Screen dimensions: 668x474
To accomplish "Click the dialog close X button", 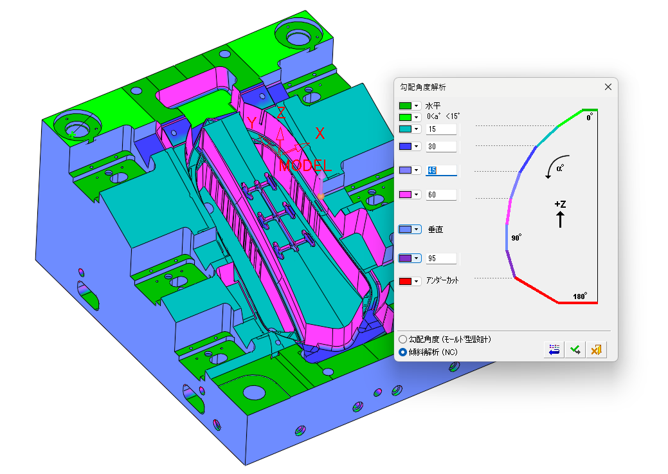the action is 608,87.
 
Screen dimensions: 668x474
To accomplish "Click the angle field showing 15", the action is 441,129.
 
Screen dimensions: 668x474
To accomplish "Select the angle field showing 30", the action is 441,147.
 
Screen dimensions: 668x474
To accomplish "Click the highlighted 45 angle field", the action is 441,170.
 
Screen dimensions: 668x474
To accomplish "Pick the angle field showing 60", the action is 441,195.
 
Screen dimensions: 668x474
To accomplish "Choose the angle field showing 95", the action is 441,259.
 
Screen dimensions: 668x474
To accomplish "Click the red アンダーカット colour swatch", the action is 405,281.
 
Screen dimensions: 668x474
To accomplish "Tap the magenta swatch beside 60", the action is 405,195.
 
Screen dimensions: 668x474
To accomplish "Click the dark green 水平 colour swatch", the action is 405,105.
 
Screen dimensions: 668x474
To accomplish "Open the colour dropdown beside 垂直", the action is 417,230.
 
